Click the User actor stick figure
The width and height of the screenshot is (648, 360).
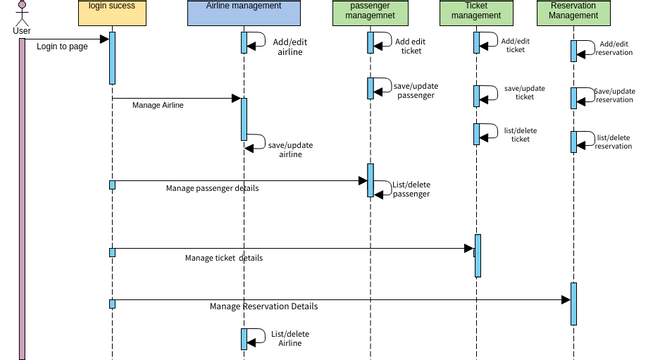pyautogui.click(x=21, y=12)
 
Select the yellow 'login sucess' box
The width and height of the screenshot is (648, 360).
pyautogui.click(x=112, y=13)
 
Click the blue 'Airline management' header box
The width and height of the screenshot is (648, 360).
pyautogui.click(x=243, y=13)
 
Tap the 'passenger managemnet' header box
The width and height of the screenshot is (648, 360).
pyautogui.click(x=370, y=13)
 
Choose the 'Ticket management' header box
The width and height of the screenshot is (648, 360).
pyautogui.click(x=477, y=13)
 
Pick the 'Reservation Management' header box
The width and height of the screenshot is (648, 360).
pyautogui.click(x=573, y=13)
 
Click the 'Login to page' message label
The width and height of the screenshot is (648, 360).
pyautogui.click(x=63, y=47)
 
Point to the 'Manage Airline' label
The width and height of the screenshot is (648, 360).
pyautogui.click(x=158, y=104)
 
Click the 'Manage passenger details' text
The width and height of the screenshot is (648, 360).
pyautogui.click(x=212, y=188)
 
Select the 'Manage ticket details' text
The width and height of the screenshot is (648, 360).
pyautogui.click(x=224, y=258)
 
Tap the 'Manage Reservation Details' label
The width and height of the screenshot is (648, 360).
pyautogui.click(x=264, y=306)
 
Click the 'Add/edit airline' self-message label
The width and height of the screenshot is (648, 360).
pyautogui.click(x=290, y=47)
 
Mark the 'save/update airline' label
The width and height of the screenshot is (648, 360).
pyautogui.click(x=290, y=150)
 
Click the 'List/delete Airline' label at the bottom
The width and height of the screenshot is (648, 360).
pyautogui.click(x=290, y=338)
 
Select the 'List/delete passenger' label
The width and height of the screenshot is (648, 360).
pyautogui.click(x=411, y=189)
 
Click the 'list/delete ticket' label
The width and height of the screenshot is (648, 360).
pyautogui.click(x=521, y=135)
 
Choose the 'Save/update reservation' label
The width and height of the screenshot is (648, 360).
pyautogui.click(x=614, y=95)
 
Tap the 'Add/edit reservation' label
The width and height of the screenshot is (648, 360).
pyautogui.click(x=614, y=48)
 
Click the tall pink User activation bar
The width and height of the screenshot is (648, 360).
pyautogui.click(x=21, y=200)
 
